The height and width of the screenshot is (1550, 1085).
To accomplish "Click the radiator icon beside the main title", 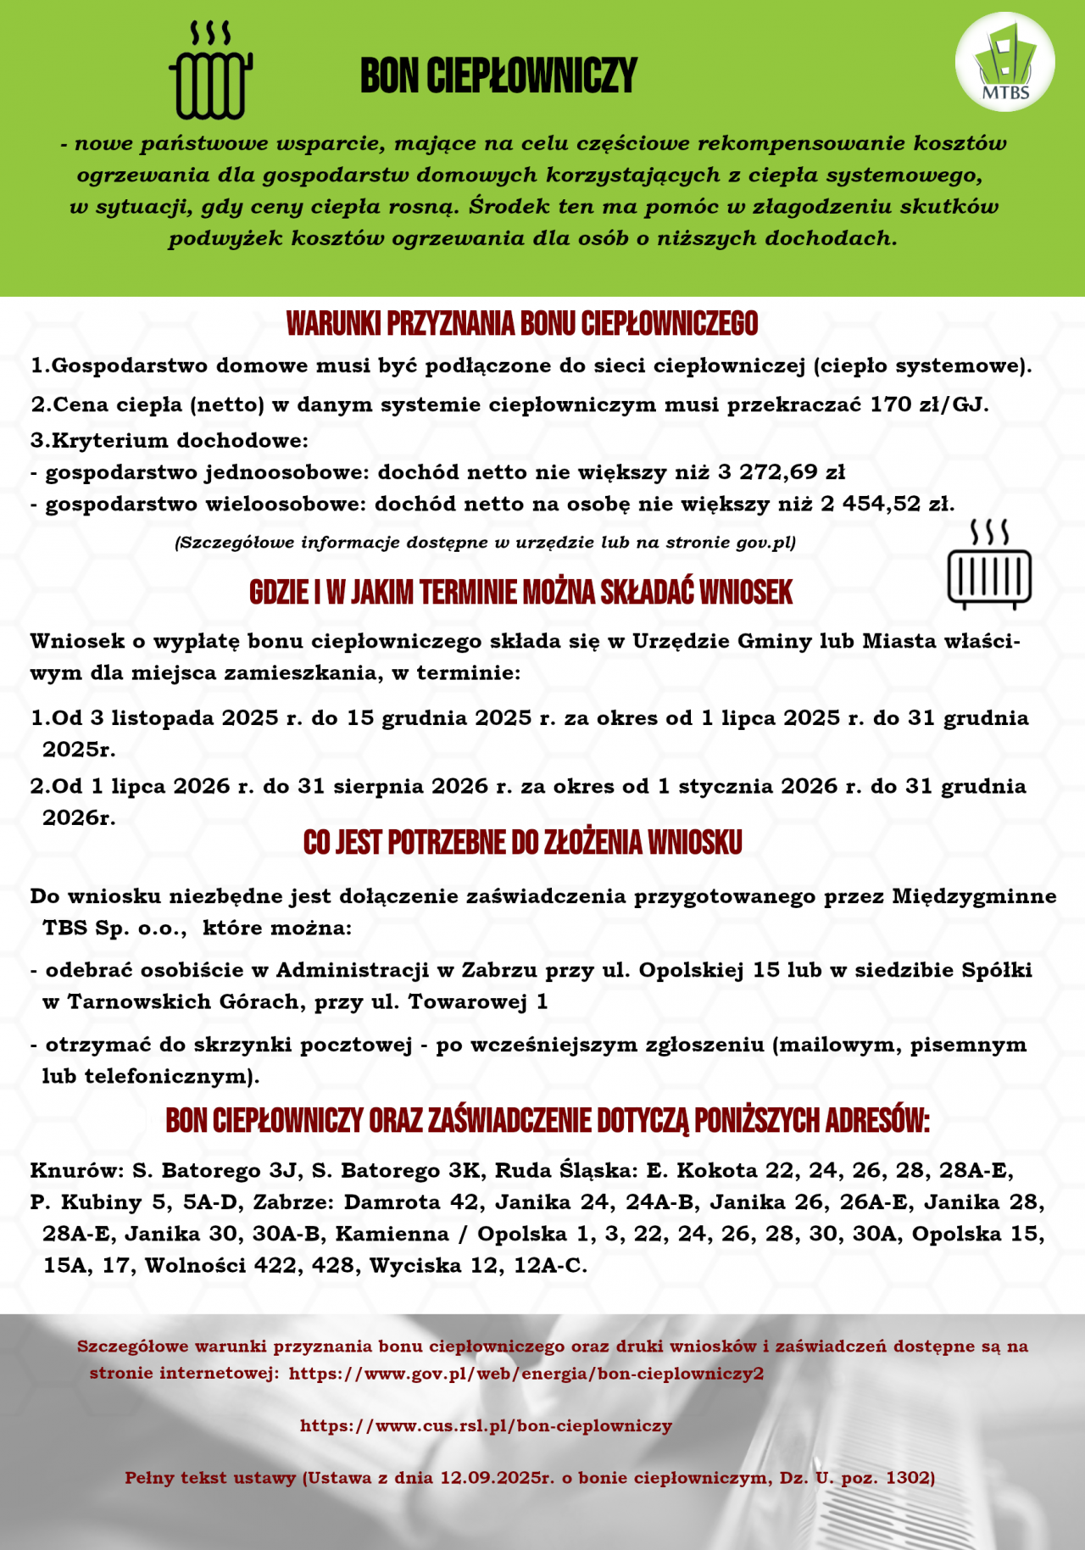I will tap(211, 72).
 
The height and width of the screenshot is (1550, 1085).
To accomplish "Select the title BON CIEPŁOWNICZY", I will tap(498, 76).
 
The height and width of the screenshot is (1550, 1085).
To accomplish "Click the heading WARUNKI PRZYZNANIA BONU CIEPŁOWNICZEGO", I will tap(522, 324).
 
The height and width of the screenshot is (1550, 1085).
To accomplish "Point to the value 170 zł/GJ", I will tap(929, 404).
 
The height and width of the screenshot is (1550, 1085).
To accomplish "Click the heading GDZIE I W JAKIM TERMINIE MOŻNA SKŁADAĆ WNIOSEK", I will tap(520, 593).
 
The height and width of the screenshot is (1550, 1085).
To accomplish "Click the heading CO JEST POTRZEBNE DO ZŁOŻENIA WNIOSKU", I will tap(522, 843).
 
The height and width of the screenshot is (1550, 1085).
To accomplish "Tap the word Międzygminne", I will tap(974, 897).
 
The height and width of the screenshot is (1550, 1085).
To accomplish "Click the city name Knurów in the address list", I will tap(77, 1172).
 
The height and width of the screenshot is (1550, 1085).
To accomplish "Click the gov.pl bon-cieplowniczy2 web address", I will tap(526, 1374).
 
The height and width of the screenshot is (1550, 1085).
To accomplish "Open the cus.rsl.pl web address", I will tap(486, 1426).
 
